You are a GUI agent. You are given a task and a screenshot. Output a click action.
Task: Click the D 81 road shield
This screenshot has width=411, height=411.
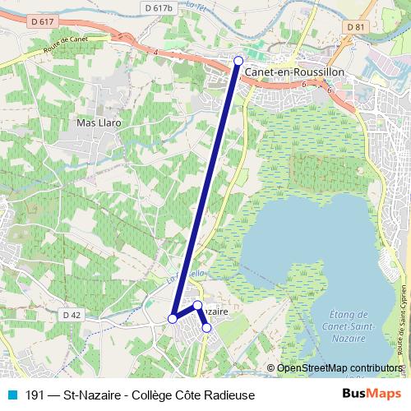tap(355, 27)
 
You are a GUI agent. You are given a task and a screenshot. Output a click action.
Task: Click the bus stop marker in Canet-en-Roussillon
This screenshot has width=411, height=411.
tap(238, 60)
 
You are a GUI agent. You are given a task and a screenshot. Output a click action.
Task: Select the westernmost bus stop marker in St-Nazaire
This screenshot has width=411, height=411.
tap(173, 318)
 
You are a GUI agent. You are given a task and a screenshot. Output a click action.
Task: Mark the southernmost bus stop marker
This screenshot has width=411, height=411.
tap(206, 328)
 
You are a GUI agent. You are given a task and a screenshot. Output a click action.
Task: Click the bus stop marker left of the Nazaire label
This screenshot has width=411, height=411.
tap(197, 305)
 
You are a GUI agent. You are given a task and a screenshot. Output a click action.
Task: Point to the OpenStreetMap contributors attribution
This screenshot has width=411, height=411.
tap(339, 368)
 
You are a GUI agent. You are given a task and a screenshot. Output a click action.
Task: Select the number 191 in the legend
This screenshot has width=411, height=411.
tap(35, 395)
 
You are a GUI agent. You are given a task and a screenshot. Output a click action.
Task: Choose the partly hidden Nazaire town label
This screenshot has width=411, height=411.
tap(215, 312)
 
